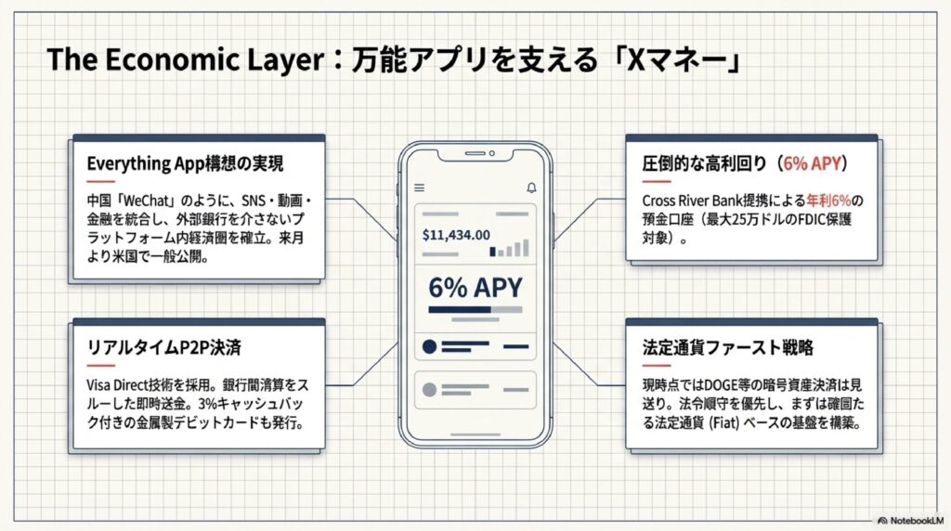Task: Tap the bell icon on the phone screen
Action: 531,188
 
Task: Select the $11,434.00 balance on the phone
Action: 456,235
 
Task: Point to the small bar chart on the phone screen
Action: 510,248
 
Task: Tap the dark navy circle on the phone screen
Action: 429,347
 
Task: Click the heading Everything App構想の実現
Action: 185,163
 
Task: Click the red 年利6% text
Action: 830,201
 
